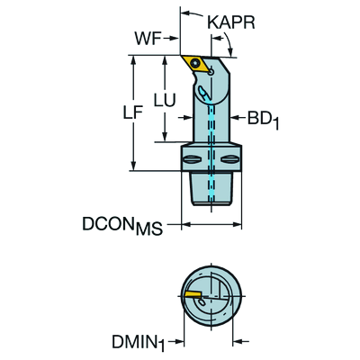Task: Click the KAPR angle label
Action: (231, 22)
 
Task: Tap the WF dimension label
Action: (148, 39)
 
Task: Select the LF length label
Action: (133, 112)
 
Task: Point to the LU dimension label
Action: (165, 100)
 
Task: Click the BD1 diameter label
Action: (263, 120)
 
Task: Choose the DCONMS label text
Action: (122, 226)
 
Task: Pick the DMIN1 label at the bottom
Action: (139, 342)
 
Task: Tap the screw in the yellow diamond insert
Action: (196, 63)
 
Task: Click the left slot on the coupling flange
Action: (192, 159)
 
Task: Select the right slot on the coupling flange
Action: (229, 159)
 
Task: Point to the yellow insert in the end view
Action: (193, 294)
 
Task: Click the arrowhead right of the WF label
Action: (174, 39)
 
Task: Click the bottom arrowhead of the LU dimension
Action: (165, 136)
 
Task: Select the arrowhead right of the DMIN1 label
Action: (238, 341)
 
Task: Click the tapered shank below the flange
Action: (211, 188)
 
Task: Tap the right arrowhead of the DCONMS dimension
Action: (236, 224)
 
